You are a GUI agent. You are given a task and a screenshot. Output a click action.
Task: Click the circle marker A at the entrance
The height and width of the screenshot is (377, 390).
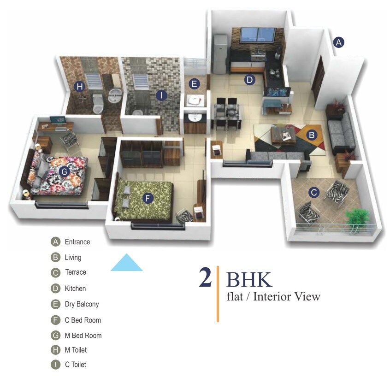(339, 42)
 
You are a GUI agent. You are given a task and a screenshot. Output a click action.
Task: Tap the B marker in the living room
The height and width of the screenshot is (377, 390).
(312, 135)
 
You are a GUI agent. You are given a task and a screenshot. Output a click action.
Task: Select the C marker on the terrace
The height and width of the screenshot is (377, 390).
(314, 192)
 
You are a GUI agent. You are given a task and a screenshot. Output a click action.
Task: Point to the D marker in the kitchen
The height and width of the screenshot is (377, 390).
(249, 80)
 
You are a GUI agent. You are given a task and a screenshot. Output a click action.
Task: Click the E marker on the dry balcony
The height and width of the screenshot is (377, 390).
(194, 84)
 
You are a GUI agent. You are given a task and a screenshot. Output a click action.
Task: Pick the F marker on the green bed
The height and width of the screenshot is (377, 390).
(148, 198)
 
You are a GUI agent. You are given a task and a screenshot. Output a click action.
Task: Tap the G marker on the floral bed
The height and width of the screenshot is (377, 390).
(64, 171)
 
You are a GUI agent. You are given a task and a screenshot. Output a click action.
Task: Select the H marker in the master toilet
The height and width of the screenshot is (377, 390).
(80, 86)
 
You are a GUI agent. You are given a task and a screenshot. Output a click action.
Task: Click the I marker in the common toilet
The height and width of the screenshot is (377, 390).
(161, 95)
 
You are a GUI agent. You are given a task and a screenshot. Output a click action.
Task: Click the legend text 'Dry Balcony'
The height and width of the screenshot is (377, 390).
(82, 304)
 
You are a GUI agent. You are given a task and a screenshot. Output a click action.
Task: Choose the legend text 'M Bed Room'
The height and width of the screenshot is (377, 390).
(83, 336)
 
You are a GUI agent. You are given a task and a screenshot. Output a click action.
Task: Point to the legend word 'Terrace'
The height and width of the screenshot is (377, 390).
(75, 272)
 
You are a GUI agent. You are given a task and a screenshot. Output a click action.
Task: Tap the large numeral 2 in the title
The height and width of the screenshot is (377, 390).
(205, 278)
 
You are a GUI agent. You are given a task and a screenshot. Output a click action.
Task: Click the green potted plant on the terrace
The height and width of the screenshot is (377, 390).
(357, 216)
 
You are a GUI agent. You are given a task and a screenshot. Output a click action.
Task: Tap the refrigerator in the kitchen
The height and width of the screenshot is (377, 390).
(220, 54)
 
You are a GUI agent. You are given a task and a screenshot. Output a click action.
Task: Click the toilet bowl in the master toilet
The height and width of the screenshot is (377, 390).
(97, 104)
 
